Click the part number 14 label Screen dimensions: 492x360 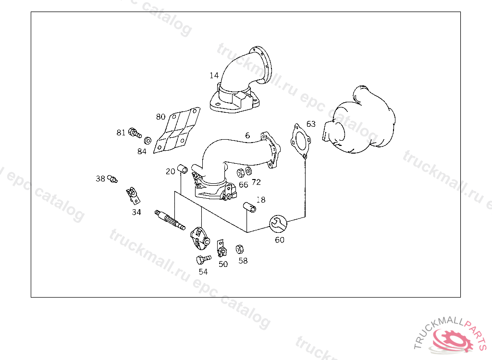pyautogui.click(x=214, y=75)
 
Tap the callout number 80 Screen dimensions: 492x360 pyautogui.click(x=160, y=117)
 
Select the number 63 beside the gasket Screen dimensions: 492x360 pyautogui.click(x=311, y=124)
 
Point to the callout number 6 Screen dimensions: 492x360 pyautogui.click(x=247, y=135)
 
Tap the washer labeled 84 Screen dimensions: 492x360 pyautogui.click(x=148, y=141)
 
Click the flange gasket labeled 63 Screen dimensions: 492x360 pyautogui.click(x=300, y=141)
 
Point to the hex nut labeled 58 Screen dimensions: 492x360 pyautogui.click(x=240, y=249)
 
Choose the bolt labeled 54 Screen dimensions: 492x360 pyautogui.click(x=203, y=260)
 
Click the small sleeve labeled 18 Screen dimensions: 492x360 pyautogui.click(x=249, y=207)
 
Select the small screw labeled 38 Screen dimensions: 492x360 pyautogui.click(x=113, y=179)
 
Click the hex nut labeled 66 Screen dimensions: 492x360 pyautogui.click(x=241, y=173)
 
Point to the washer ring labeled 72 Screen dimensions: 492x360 pyautogui.click(x=248, y=171)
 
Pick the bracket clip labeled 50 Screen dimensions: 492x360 pyautogui.click(x=221, y=248)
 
